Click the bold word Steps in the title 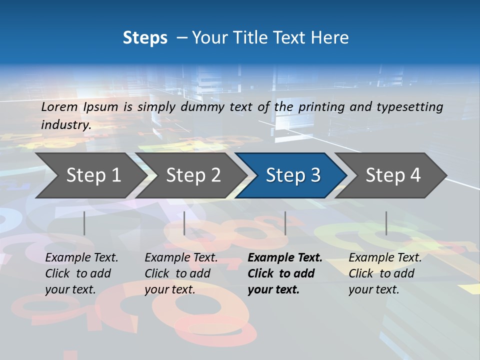pos(145,38)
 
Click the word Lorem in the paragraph pos(59,106)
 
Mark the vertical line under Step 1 pos(84,223)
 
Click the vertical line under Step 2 pos(184,223)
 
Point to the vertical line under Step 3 pos(285,223)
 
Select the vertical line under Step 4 pos(386,223)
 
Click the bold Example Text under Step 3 pos(285,258)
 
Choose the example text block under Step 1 pos(81,273)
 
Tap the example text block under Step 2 pos(181,273)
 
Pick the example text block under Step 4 pos(385,273)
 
